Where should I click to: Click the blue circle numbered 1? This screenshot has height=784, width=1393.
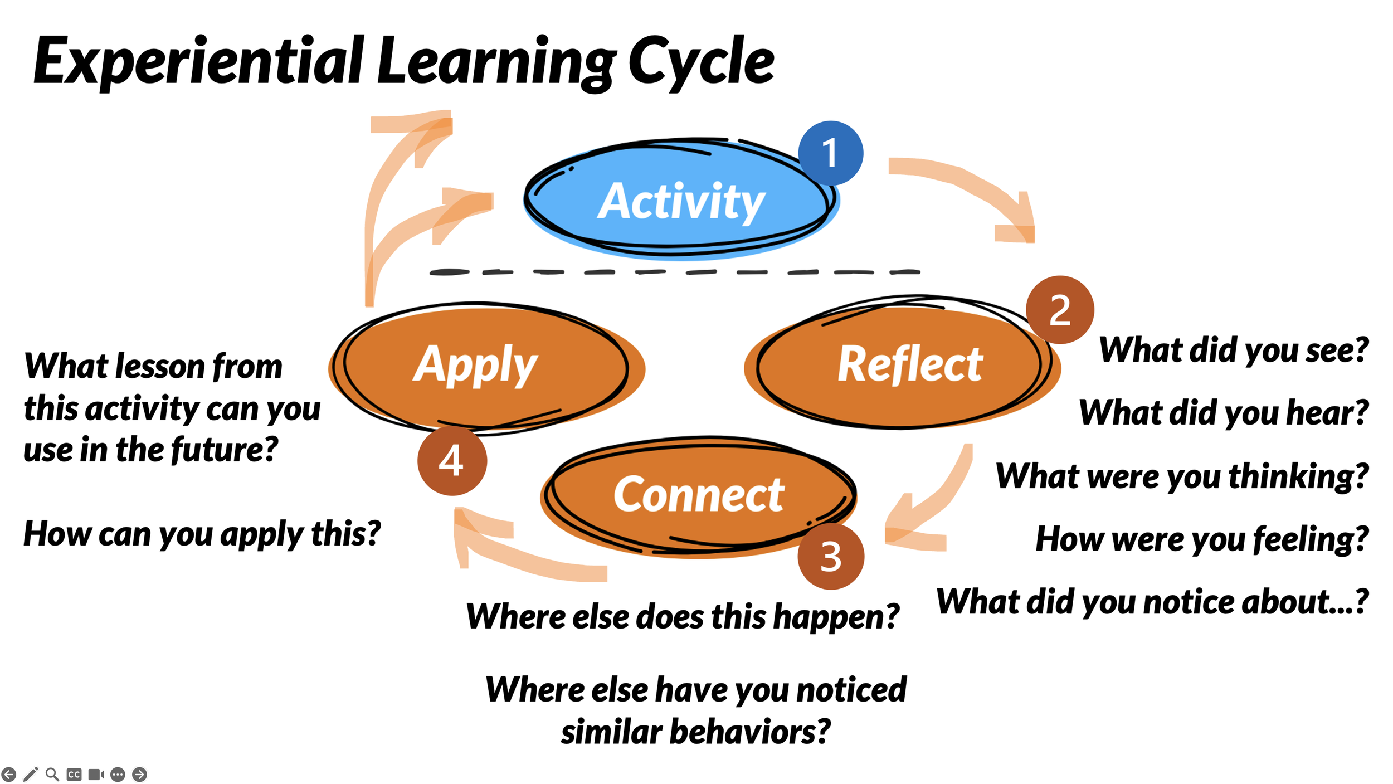point(830,153)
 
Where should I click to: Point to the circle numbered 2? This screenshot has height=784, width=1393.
point(1060,310)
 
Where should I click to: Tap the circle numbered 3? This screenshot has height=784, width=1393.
point(831,556)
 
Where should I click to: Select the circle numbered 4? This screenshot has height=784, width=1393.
point(451,461)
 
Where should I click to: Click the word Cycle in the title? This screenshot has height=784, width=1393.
point(701,61)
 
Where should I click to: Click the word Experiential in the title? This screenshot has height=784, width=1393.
point(198,61)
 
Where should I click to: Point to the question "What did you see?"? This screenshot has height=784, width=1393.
point(1233,350)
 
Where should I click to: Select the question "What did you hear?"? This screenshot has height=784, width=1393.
point(1224,412)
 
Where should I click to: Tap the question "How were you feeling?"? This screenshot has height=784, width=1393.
point(1202,539)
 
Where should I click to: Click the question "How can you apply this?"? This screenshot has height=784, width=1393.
point(202,534)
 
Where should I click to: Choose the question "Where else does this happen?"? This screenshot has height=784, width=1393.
point(683,616)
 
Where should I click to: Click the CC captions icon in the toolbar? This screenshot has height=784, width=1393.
point(74,774)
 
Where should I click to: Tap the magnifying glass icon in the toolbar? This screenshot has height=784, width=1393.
point(52,774)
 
